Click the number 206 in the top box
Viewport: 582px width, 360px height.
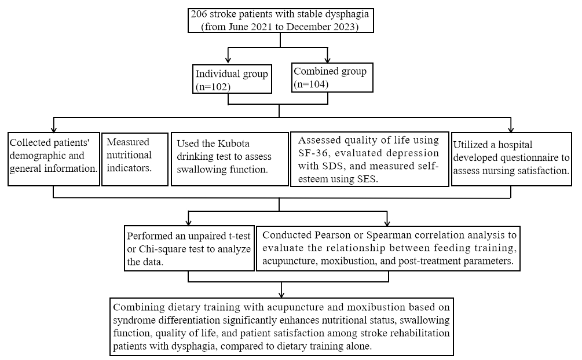pyautogui.click(x=199, y=14)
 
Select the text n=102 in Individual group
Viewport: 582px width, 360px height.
pyautogui.click(x=213, y=87)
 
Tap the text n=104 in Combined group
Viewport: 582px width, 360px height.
pyautogui.click(x=311, y=85)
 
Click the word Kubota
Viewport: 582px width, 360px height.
pyautogui.click(x=233, y=144)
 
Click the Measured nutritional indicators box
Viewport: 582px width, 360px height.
pyautogui.click(x=135, y=159)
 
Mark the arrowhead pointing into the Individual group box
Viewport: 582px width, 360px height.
pyautogui.click(x=228, y=60)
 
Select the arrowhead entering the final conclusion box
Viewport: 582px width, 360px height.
pyautogui.click(x=281, y=294)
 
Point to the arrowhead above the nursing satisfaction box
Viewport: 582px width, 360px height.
pyautogui.click(x=511, y=129)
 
